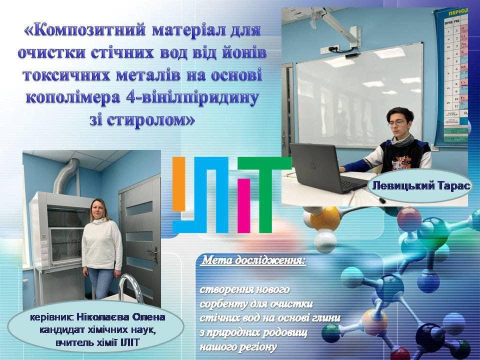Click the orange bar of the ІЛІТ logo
179,184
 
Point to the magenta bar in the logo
243,205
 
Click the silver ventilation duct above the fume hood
65,175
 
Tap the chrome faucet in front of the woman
131,288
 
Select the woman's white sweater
102,245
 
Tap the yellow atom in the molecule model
325,218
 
